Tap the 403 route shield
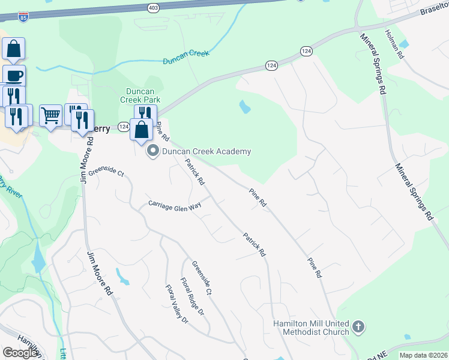(x=152, y=7)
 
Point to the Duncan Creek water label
(x=186, y=56)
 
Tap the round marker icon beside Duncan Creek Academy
(x=152, y=151)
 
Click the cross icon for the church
(x=358, y=327)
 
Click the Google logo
(x=20, y=353)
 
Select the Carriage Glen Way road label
(x=175, y=205)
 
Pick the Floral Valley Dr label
(x=177, y=304)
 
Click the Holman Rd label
(x=395, y=44)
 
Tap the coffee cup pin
(x=14, y=75)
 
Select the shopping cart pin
(x=51, y=114)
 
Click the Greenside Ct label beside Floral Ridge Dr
(x=202, y=277)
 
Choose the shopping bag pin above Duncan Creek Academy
(x=141, y=129)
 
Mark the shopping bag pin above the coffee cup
(x=14, y=49)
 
